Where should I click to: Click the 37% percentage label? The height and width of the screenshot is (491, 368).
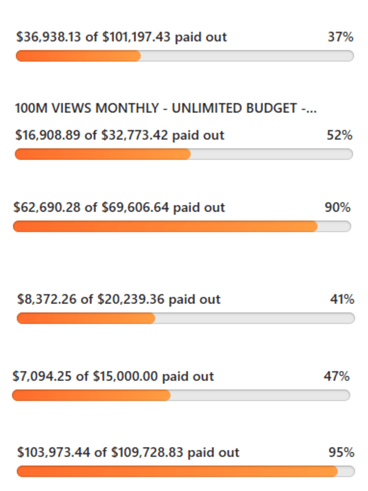(340, 37)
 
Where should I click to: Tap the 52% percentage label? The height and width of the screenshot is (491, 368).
(339, 135)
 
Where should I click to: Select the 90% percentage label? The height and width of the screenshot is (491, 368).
(337, 207)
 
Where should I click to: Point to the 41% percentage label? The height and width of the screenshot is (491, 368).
(342, 299)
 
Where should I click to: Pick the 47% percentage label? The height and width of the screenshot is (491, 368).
(336, 376)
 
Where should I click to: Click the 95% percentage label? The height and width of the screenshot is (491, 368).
(341, 452)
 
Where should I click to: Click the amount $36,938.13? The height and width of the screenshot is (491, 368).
(49, 37)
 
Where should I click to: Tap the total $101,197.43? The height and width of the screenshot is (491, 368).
(136, 37)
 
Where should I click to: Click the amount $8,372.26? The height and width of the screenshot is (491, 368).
(47, 299)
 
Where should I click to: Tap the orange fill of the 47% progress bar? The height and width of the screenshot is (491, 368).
(91, 395)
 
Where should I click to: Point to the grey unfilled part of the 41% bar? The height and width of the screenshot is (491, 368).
(255, 318)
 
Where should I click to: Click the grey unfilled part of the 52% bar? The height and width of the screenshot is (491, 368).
(271, 154)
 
